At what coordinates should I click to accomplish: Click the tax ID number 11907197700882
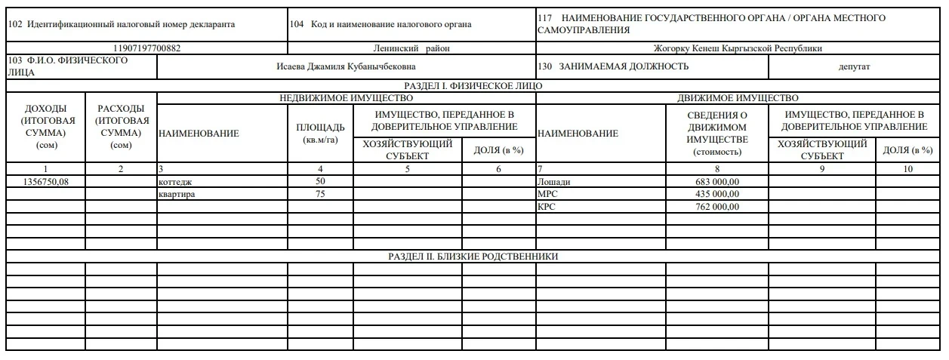point(146,48)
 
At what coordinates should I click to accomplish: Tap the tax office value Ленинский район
point(411,48)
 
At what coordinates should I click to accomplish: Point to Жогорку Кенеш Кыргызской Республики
point(739,48)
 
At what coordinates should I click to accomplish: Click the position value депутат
point(854,66)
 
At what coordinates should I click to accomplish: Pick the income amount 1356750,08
point(45,182)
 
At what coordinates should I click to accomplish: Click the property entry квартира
point(177,194)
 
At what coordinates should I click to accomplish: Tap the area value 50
point(320,182)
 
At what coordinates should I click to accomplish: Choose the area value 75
point(320,194)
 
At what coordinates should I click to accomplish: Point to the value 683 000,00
point(717,182)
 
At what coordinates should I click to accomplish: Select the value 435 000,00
point(717,194)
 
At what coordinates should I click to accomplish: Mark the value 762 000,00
point(717,206)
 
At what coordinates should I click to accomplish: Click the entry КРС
point(546,206)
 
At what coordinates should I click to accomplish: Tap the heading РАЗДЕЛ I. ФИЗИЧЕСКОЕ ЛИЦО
point(473,86)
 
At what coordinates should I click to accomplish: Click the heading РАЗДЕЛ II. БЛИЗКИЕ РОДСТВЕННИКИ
point(473,257)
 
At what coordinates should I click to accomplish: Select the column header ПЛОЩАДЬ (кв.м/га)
point(320,133)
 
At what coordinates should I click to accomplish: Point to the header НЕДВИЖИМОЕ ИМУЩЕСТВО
point(347,98)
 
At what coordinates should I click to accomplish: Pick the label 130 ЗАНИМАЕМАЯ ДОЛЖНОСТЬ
point(613,66)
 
